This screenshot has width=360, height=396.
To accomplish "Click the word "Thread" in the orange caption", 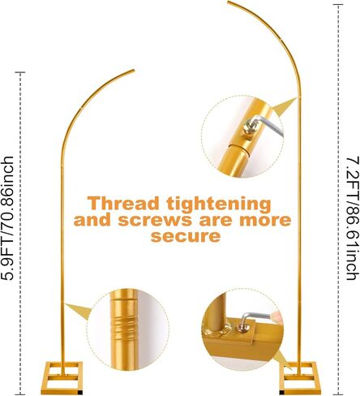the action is (x=123, y=204).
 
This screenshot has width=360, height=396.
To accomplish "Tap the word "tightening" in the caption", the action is (x=219, y=204).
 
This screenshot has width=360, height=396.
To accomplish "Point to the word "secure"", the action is (x=186, y=236).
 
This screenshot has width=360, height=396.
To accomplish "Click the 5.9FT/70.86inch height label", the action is (x=7, y=218).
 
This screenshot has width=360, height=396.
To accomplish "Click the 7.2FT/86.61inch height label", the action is (x=354, y=218).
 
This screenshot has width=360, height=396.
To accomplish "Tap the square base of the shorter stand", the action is (x=62, y=378).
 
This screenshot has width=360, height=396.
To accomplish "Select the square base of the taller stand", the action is (x=298, y=378).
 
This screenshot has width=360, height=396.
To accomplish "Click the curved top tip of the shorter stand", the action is (x=133, y=71).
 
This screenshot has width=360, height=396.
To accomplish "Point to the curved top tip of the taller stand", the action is (x=229, y=2).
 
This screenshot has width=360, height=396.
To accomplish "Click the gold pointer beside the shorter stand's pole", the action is (x=79, y=310).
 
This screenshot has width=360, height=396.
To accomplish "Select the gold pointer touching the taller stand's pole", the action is (x=285, y=106).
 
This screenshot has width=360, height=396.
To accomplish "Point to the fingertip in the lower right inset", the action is (x=277, y=316).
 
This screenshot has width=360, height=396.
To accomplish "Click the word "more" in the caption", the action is (x=265, y=221).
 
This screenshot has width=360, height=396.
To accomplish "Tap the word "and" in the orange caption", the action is (x=92, y=220).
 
